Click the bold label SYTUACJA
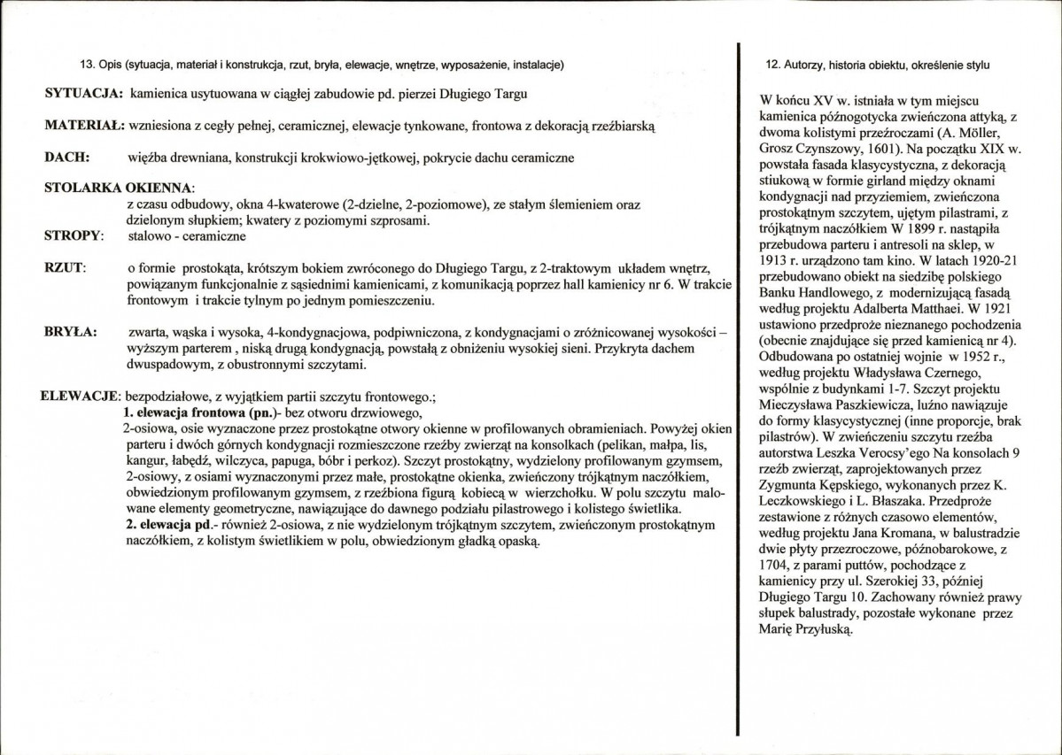pyautogui.click(x=82, y=94)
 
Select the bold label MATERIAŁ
pyautogui.click(x=84, y=126)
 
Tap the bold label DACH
pyautogui.click(x=64, y=158)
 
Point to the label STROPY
pyautogui.click(x=73, y=236)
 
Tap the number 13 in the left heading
pyautogui.click(x=87, y=65)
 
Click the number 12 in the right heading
pyautogui.click(x=771, y=65)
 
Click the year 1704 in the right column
pyautogui.click(x=777, y=566)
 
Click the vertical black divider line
pyautogui.click(x=738, y=389)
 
